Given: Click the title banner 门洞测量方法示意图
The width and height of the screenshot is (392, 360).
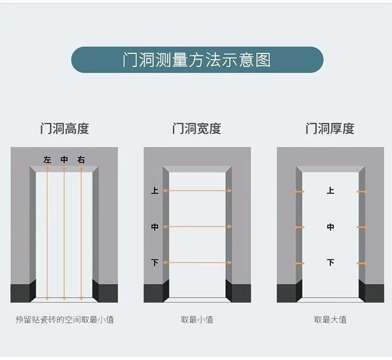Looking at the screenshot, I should (x=197, y=60).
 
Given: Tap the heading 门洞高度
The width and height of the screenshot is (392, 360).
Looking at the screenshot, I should (x=64, y=129).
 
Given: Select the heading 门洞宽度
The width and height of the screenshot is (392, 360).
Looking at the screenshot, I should (x=197, y=129).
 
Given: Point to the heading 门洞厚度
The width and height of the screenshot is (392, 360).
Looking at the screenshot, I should (x=330, y=129).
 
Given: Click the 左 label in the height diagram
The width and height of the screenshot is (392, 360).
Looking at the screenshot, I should (x=48, y=160).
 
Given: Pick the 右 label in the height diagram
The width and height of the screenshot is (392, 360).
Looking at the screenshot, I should (x=81, y=160).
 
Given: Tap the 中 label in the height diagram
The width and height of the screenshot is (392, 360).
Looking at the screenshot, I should (x=64, y=160).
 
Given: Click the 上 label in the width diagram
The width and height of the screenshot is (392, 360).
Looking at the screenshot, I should (x=155, y=191).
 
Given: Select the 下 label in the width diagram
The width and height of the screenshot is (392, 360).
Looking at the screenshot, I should (x=155, y=262).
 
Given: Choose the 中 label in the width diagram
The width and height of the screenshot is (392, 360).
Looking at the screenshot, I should (x=155, y=227).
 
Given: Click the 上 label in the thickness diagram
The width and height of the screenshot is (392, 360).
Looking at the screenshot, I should (x=330, y=191).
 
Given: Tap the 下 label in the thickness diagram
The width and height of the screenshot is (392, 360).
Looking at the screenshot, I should (x=330, y=262).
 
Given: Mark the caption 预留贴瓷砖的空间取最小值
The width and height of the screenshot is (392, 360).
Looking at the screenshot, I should (x=64, y=319).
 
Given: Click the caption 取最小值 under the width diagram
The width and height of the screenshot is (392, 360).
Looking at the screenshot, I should (x=197, y=319).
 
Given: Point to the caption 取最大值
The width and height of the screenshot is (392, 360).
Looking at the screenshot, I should (x=330, y=319).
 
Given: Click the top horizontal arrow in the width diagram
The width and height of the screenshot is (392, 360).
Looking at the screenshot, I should (x=197, y=191).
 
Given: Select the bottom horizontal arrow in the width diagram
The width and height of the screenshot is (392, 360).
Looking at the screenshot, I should (x=197, y=262).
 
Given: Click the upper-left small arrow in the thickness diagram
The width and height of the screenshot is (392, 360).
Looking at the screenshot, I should (x=299, y=192).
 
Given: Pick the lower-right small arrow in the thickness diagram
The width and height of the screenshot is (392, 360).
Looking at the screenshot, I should (x=362, y=263).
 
